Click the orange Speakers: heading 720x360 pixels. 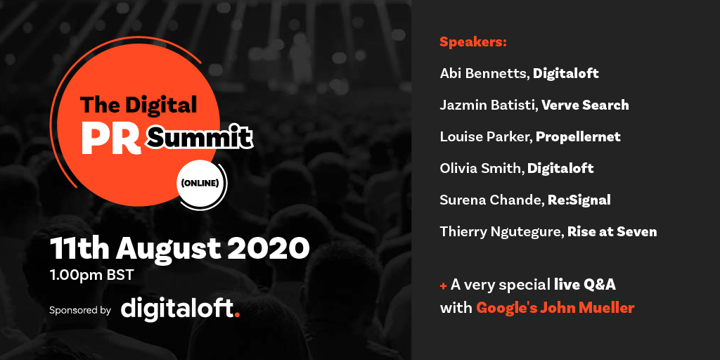click(473, 41)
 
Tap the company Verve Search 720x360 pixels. click(586, 105)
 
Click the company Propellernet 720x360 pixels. click(578, 136)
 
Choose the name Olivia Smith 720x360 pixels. click(481, 168)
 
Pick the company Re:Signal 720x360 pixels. click(578, 200)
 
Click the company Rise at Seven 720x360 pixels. click(612, 231)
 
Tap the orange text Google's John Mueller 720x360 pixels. click(555, 307)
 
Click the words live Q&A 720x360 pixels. click(585, 284)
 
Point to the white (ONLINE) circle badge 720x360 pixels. click(200, 184)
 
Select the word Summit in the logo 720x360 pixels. click(200, 138)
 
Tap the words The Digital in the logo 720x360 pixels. click(139, 105)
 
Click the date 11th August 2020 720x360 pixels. click(179, 247)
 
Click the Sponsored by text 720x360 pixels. click(80, 309)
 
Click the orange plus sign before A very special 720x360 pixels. click(444, 285)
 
